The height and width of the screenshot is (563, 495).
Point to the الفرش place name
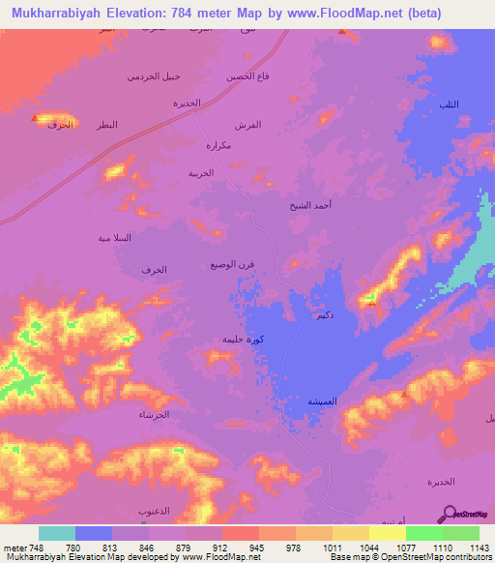247,126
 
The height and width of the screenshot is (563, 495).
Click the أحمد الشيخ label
310,206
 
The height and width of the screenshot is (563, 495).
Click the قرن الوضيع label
233,265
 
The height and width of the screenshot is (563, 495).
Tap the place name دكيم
325,316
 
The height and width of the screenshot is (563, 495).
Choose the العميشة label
321,400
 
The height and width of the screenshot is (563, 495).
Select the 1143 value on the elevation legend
480,548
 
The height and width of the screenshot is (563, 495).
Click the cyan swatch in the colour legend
57,533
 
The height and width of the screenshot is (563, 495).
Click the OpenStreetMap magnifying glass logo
448,515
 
